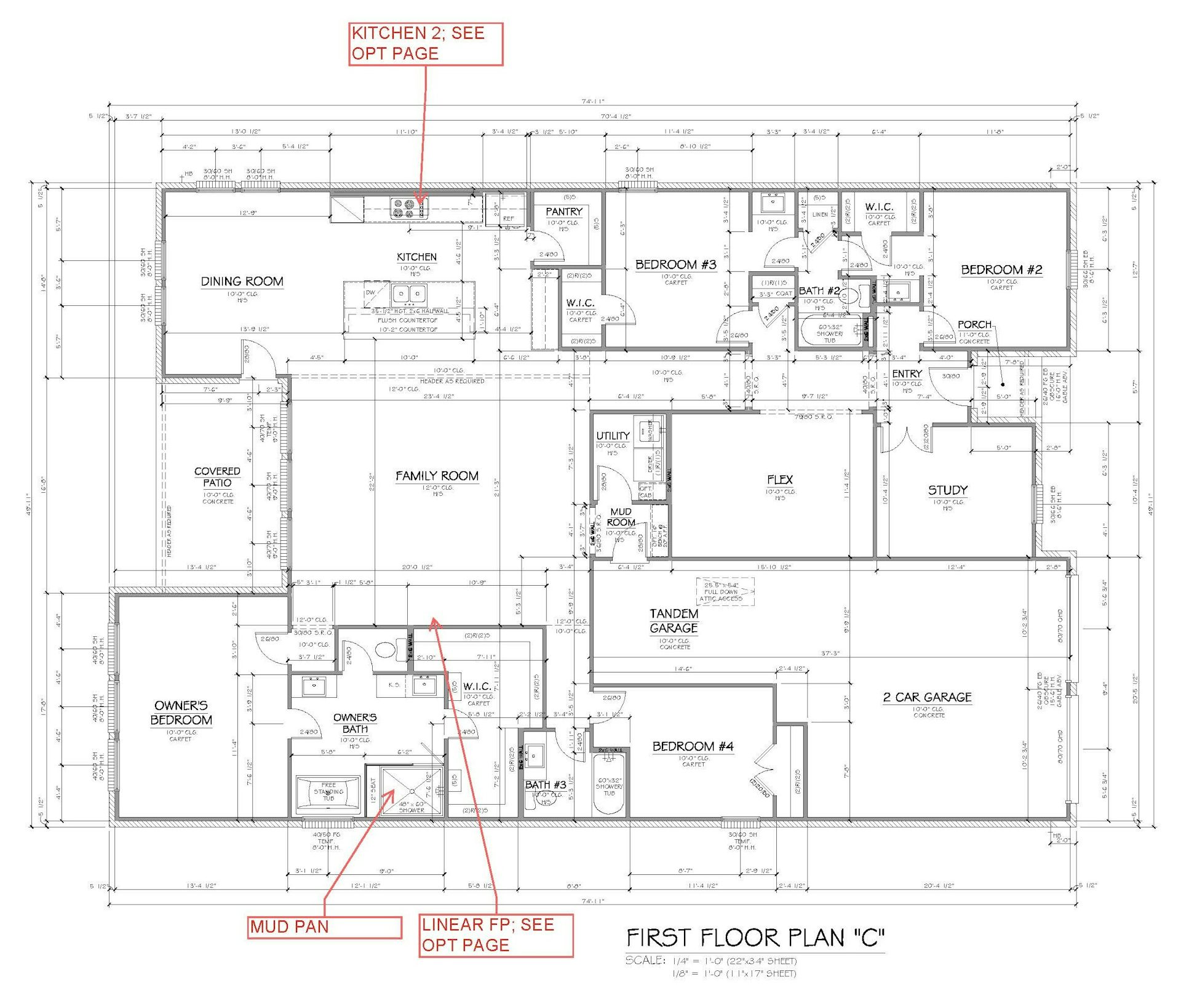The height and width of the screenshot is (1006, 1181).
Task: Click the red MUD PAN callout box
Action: click(x=325, y=927)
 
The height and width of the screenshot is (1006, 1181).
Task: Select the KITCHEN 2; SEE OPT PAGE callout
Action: click(x=426, y=44)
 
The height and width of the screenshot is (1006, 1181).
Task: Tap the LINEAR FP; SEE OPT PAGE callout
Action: click(x=496, y=935)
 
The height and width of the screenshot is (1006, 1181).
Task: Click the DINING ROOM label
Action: click(x=242, y=282)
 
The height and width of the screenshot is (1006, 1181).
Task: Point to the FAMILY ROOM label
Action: click(x=437, y=476)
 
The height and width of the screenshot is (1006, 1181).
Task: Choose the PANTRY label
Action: click(x=563, y=212)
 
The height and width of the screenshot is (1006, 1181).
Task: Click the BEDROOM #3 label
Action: click(x=675, y=265)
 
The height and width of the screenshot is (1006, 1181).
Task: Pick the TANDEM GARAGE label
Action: click(x=674, y=621)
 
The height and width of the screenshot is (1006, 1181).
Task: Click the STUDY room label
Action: click(x=947, y=490)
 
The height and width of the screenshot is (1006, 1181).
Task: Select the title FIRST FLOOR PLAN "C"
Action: click(x=755, y=938)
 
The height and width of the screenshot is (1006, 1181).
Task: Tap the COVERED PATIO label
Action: click(x=217, y=477)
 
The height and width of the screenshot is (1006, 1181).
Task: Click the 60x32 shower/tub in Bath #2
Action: click(x=830, y=333)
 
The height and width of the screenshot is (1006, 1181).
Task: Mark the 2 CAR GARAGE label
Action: click(x=928, y=697)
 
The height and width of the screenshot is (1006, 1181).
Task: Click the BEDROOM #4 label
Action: click(x=693, y=746)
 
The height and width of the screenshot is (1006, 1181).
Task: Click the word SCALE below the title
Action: click(x=645, y=960)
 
